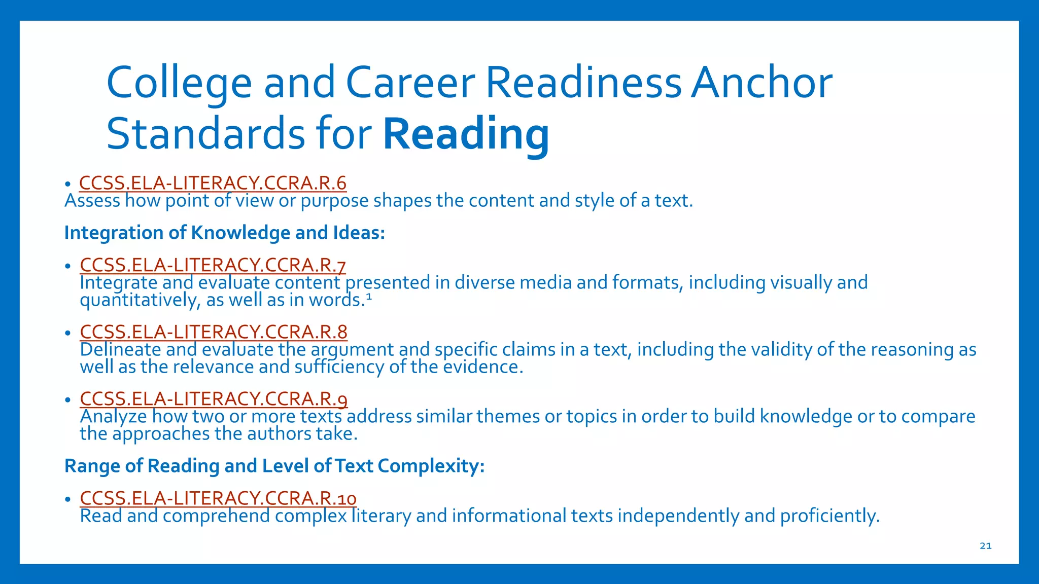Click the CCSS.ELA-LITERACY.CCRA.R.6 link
(x=213, y=182)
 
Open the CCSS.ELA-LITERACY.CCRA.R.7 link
(x=213, y=265)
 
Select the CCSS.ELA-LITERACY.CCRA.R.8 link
(x=214, y=332)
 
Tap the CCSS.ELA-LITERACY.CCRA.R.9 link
(x=214, y=399)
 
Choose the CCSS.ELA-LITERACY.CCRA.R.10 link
(x=218, y=498)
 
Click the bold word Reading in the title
(x=466, y=134)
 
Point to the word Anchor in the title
(x=761, y=83)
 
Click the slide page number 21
(x=985, y=546)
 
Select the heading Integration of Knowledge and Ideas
(x=225, y=233)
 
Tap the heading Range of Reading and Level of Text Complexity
(x=274, y=466)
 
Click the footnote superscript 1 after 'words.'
(x=369, y=298)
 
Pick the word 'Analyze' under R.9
(x=114, y=417)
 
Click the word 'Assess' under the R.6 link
(x=92, y=201)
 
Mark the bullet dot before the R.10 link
(x=67, y=499)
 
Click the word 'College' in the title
(x=179, y=83)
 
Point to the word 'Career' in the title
(x=410, y=83)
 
